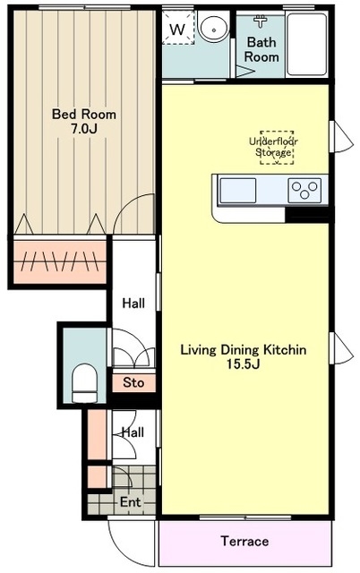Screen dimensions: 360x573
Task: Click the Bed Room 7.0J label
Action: point(84,122)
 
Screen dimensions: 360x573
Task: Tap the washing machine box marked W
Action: point(178,28)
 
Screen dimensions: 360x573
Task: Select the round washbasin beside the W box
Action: point(213,27)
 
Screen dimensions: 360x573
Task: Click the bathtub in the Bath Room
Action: point(306,45)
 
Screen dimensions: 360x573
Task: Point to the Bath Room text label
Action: point(261,49)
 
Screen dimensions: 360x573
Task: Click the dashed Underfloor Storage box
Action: point(277,147)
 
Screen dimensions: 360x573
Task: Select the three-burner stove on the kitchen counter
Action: point(304,191)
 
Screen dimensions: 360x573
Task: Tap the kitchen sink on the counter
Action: point(238,191)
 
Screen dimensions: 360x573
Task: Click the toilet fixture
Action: point(84,383)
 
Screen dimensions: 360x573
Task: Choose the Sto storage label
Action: point(133,382)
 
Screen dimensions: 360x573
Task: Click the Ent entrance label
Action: point(131,502)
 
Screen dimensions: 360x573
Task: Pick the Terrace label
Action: point(244,541)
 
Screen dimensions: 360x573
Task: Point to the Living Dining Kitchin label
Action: point(244,350)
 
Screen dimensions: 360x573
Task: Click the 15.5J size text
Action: point(244,364)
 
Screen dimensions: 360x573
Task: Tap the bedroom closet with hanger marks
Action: point(60,261)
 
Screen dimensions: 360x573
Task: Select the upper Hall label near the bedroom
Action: point(133,303)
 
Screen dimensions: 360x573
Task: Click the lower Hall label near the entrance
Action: point(133,432)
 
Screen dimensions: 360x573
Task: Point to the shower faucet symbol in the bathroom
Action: point(261,21)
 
